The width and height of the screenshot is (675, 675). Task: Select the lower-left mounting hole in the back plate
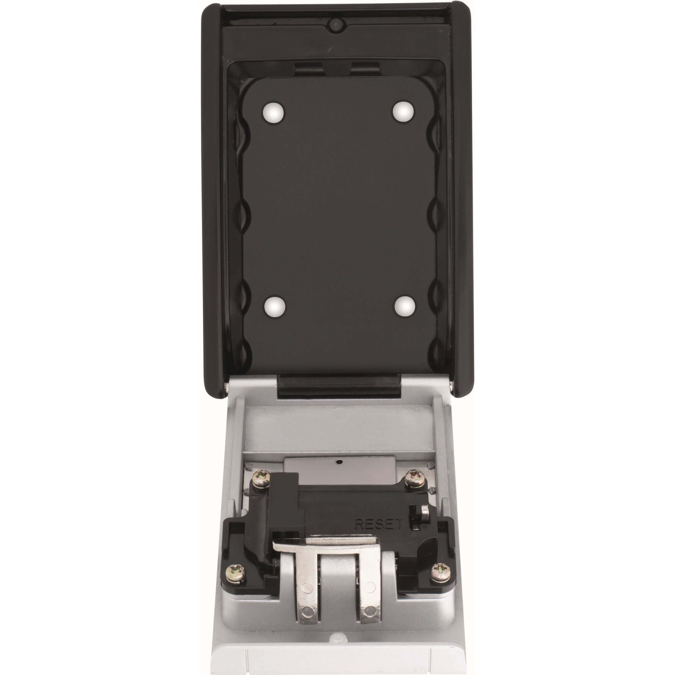pos(274,307)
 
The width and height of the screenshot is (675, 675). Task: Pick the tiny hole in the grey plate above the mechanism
pos(338,462)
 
